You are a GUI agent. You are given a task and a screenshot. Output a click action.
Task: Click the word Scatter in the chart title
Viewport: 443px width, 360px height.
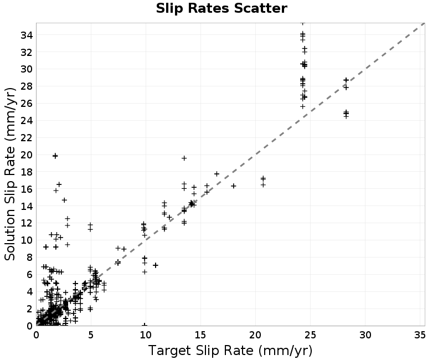[260, 8]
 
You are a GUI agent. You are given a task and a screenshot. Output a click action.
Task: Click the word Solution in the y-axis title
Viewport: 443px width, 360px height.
[9, 235]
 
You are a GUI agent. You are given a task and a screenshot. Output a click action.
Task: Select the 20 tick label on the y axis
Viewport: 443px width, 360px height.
[27, 155]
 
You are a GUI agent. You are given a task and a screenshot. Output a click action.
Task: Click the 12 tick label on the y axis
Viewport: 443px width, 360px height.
[27, 223]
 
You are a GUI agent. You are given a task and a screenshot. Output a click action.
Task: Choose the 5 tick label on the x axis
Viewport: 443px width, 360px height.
[91, 335]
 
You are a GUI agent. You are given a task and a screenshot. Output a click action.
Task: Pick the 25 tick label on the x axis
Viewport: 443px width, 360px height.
[310, 335]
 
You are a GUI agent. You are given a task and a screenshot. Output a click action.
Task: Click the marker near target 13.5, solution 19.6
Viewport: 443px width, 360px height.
[184, 158]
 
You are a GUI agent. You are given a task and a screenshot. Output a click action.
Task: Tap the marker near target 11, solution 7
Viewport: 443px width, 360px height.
[156, 265]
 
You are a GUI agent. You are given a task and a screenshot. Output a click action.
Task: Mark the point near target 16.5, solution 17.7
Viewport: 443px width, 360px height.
[217, 174]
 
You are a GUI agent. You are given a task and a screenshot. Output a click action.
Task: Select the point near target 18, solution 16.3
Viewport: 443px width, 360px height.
[233, 186]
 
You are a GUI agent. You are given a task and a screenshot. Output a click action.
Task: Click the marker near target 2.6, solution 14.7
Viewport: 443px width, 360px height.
[64, 200]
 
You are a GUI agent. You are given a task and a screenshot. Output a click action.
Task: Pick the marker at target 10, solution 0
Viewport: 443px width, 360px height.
[145, 325]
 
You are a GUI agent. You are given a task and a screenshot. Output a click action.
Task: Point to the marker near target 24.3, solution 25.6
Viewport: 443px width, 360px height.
[302, 106]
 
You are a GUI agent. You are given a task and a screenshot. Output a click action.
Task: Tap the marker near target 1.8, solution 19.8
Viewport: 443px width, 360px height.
[55, 156]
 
